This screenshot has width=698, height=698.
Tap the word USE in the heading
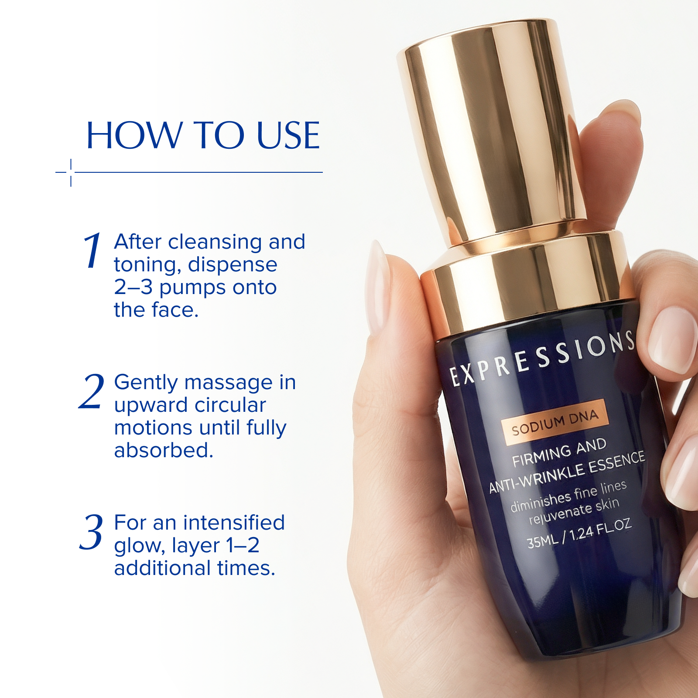pos(288,136)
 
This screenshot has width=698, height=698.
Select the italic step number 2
pos(92,391)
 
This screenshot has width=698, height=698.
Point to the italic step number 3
pos(92,532)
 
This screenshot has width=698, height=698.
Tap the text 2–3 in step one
pos(133,287)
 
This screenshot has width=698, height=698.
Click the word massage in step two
pos(229,382)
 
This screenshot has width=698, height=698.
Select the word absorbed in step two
pos(164,450)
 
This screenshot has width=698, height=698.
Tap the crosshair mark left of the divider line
pos(71,172)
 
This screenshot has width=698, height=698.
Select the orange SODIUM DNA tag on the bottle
pos(554,422)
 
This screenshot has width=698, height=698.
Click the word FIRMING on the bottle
pos(541,455)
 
